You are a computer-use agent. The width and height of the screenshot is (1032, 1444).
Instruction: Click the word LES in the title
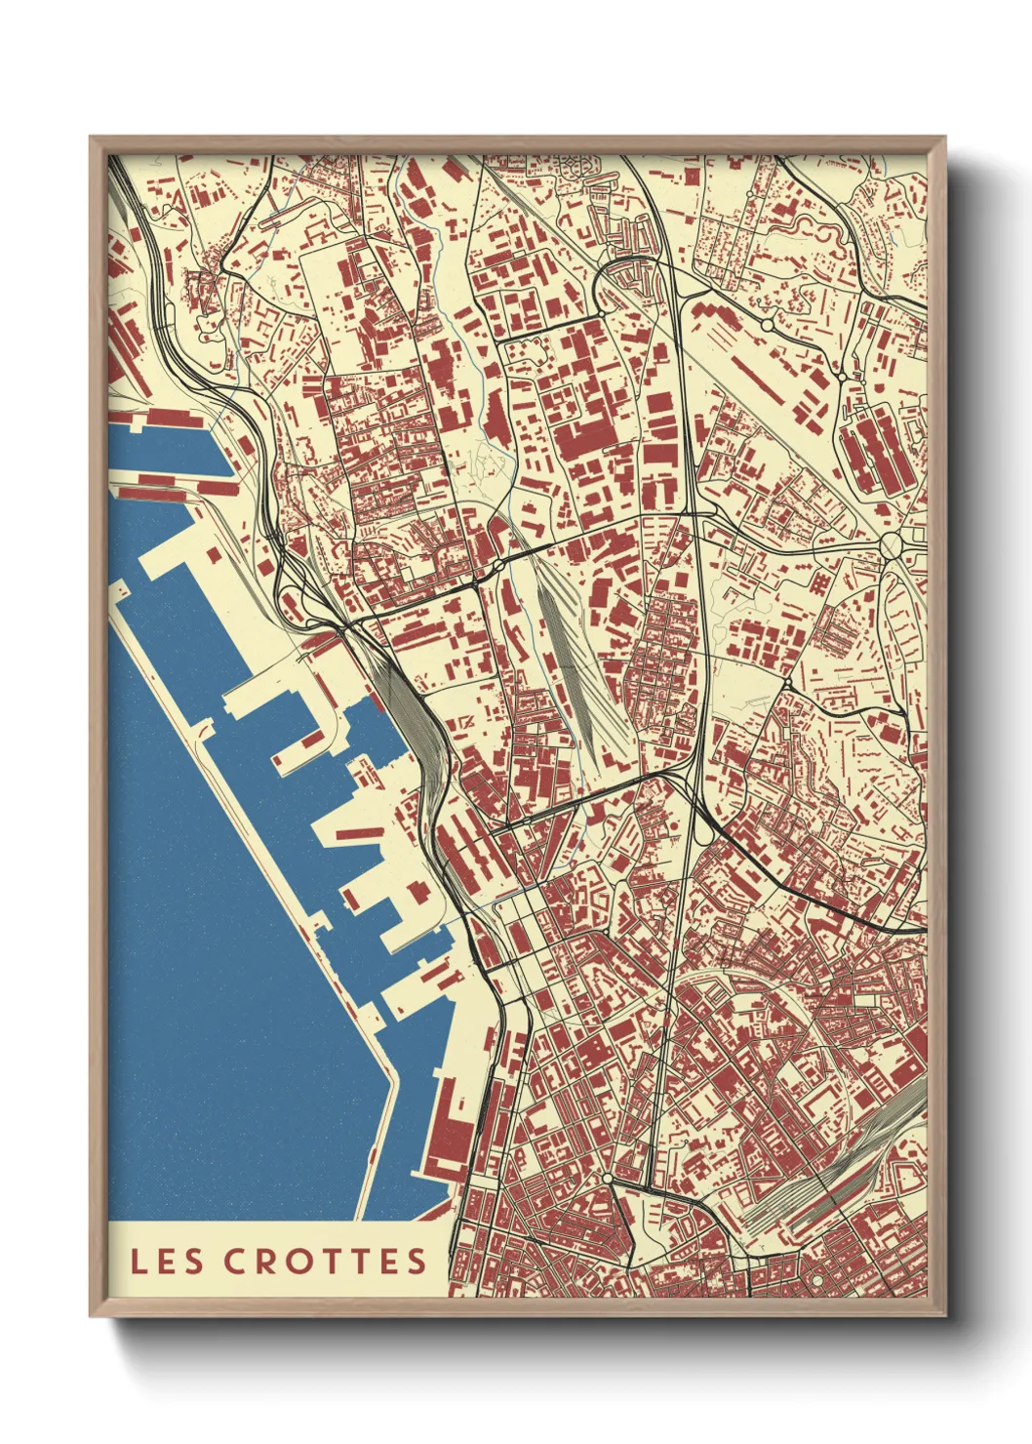point(167,1261)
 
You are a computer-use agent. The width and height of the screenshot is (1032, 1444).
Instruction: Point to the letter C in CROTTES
point(235,1261)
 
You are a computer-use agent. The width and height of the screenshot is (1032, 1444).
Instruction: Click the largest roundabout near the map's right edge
point(893,543)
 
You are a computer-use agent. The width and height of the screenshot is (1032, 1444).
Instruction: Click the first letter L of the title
point(139,1261)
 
